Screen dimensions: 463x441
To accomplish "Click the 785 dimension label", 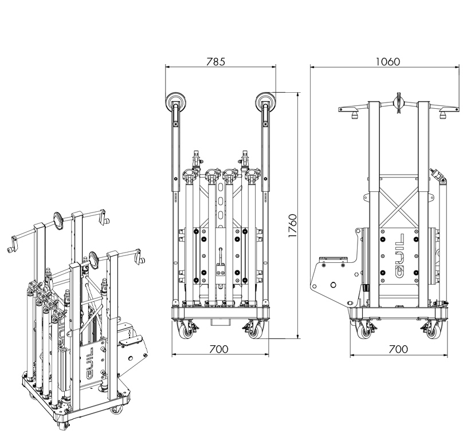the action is (215, 61).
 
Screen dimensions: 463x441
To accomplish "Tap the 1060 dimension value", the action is (388, 61).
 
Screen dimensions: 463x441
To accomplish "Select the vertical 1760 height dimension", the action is (292, 226).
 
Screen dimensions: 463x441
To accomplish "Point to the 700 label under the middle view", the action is (219, 349).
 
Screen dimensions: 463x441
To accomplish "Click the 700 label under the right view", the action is (398, 349).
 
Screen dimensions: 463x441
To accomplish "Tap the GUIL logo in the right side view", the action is (399, 256).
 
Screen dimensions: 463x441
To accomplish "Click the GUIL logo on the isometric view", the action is (90, 363).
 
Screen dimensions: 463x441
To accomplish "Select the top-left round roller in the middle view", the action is (176, 102).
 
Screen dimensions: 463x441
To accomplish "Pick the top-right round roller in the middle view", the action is (265, 102).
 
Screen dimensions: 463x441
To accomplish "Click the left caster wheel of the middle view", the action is (185, 330).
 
